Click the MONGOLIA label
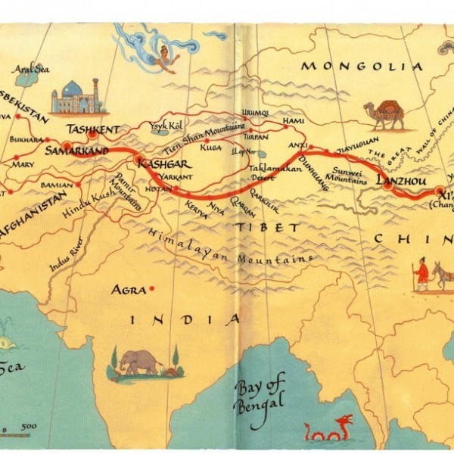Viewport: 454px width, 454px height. [x=362, y=67]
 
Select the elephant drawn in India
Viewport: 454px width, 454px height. [x=140, y=362]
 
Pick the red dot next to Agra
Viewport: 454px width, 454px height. [x=152, y=288]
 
